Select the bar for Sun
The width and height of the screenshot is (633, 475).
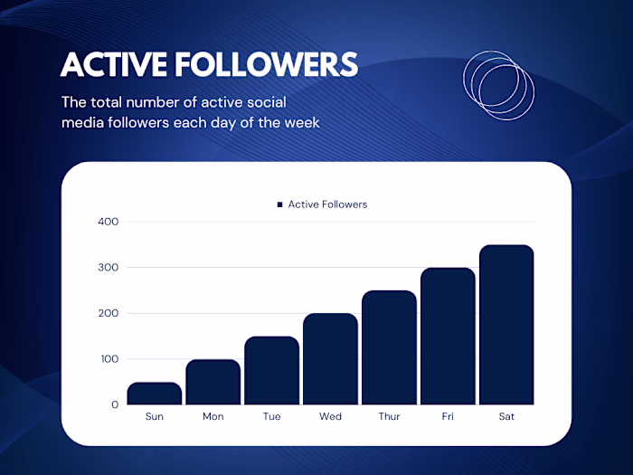click(x=155, y=394)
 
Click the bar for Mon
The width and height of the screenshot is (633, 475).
click(x=213, y=382)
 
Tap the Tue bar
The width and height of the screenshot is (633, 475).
click(x=271, y=371)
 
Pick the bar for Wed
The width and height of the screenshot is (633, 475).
click(x=330, y=359)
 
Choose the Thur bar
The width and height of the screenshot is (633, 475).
click(x=389, y=347)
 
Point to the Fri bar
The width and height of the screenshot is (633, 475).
click(x=448, y=337)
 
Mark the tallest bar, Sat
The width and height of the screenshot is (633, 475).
click(x=506, y=325)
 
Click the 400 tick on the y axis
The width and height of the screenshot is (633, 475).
click(x=108, y=222)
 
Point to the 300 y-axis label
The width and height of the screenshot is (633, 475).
click(x=108, y=268)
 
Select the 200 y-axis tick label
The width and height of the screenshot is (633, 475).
click(x=108, y=313)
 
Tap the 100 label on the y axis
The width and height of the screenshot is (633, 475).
click(x=108, y=359)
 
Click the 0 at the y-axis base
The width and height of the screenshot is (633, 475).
click(x=115, y=404)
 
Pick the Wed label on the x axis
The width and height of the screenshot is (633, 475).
click(x=330, y=417)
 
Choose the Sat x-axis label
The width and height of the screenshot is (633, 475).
click(x=506, y=417)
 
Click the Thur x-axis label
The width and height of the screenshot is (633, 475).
click(x=389, y=417)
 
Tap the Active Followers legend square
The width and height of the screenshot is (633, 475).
click(x=280, y=205)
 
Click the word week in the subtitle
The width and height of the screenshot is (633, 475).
click(x=300, y=122)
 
